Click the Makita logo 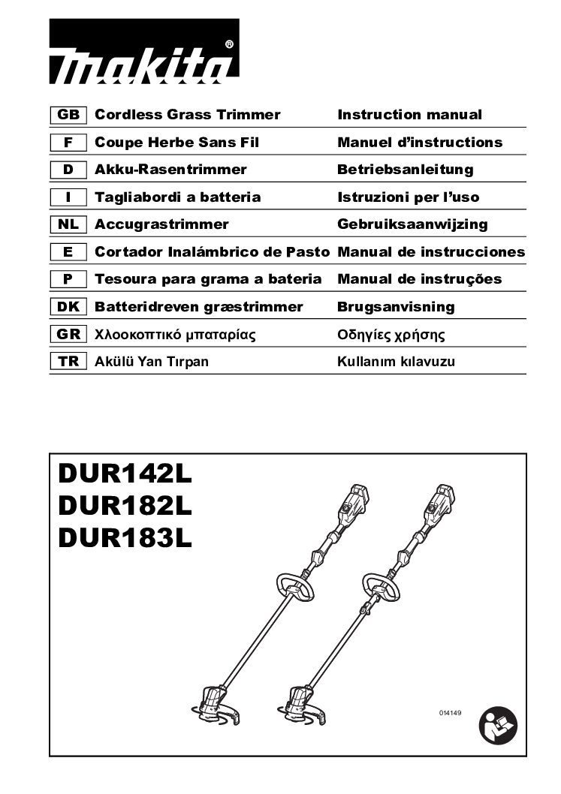144,52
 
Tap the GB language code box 68,115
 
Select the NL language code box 68,224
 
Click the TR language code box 68,362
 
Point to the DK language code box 68,307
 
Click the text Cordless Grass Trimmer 187,115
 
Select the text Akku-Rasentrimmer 170,170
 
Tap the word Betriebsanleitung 406,170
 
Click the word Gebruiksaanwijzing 412,224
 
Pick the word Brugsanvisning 396,307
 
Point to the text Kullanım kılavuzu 396,362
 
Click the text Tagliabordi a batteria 178,197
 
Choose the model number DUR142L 125,475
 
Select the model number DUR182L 125,507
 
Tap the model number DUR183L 125,538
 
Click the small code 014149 448,711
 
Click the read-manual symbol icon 498,726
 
